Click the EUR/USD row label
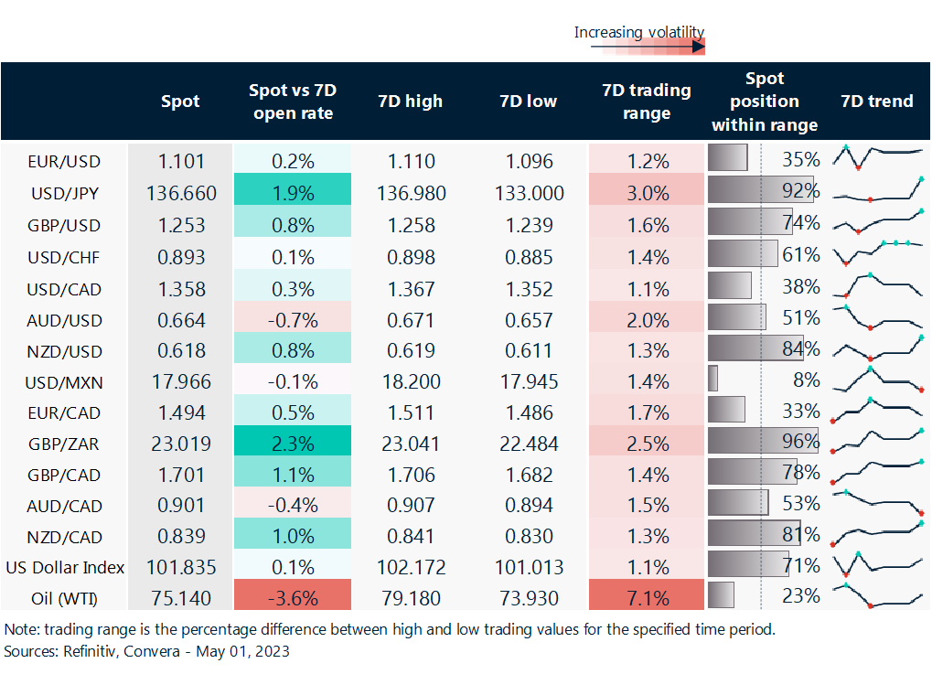[x=64, y=161]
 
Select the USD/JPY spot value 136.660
[x=180, y=193]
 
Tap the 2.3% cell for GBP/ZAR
[x=293, y=444]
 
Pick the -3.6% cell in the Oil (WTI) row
[x=293, y=598]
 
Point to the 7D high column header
[x=410, y=101]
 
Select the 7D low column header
[x=529, y=101]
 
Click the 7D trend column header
[x=877, y=101]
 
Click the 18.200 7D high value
[x=410, y=380]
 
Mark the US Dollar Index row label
[x=64, y=567]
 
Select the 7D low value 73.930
[x=529, y=598]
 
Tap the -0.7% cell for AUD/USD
[x=293, y=320]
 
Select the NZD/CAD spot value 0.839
[x=180, y=537]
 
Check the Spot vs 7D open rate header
[x=293, y=101]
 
